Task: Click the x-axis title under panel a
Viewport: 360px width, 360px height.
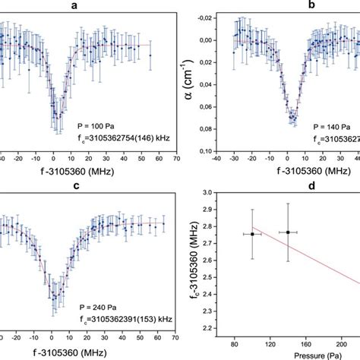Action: pyautogui.click(x=74, y=174)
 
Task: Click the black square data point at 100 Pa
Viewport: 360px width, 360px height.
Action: pyautogui.click(x=252, y=234)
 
